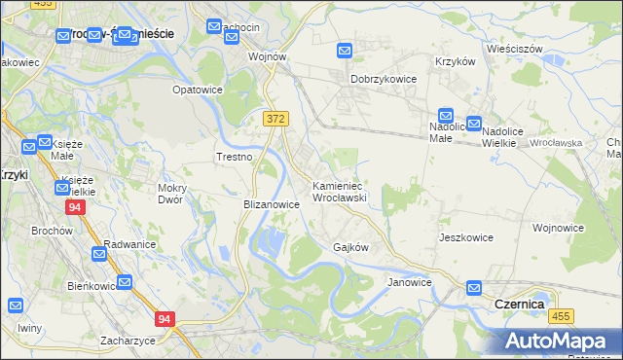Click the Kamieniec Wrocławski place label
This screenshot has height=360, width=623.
coord(338,191)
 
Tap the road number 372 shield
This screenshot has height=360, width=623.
coord(275,118)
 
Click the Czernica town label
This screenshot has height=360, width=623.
coord(519,304)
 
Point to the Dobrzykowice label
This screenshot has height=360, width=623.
coord(384,79)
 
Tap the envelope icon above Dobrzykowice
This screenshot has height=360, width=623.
coord(346,51)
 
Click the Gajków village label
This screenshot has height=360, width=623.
coord(350,247)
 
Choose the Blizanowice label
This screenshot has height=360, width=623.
coord(271,205)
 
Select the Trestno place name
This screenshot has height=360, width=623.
coord(234,157)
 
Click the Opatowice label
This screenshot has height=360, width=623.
coord(198,90)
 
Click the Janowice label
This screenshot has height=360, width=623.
coord(409,282)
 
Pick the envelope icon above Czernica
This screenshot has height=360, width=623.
coord(474,288)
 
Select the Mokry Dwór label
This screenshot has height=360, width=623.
coord(177,194)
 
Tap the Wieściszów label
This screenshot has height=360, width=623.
coord(514,48)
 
